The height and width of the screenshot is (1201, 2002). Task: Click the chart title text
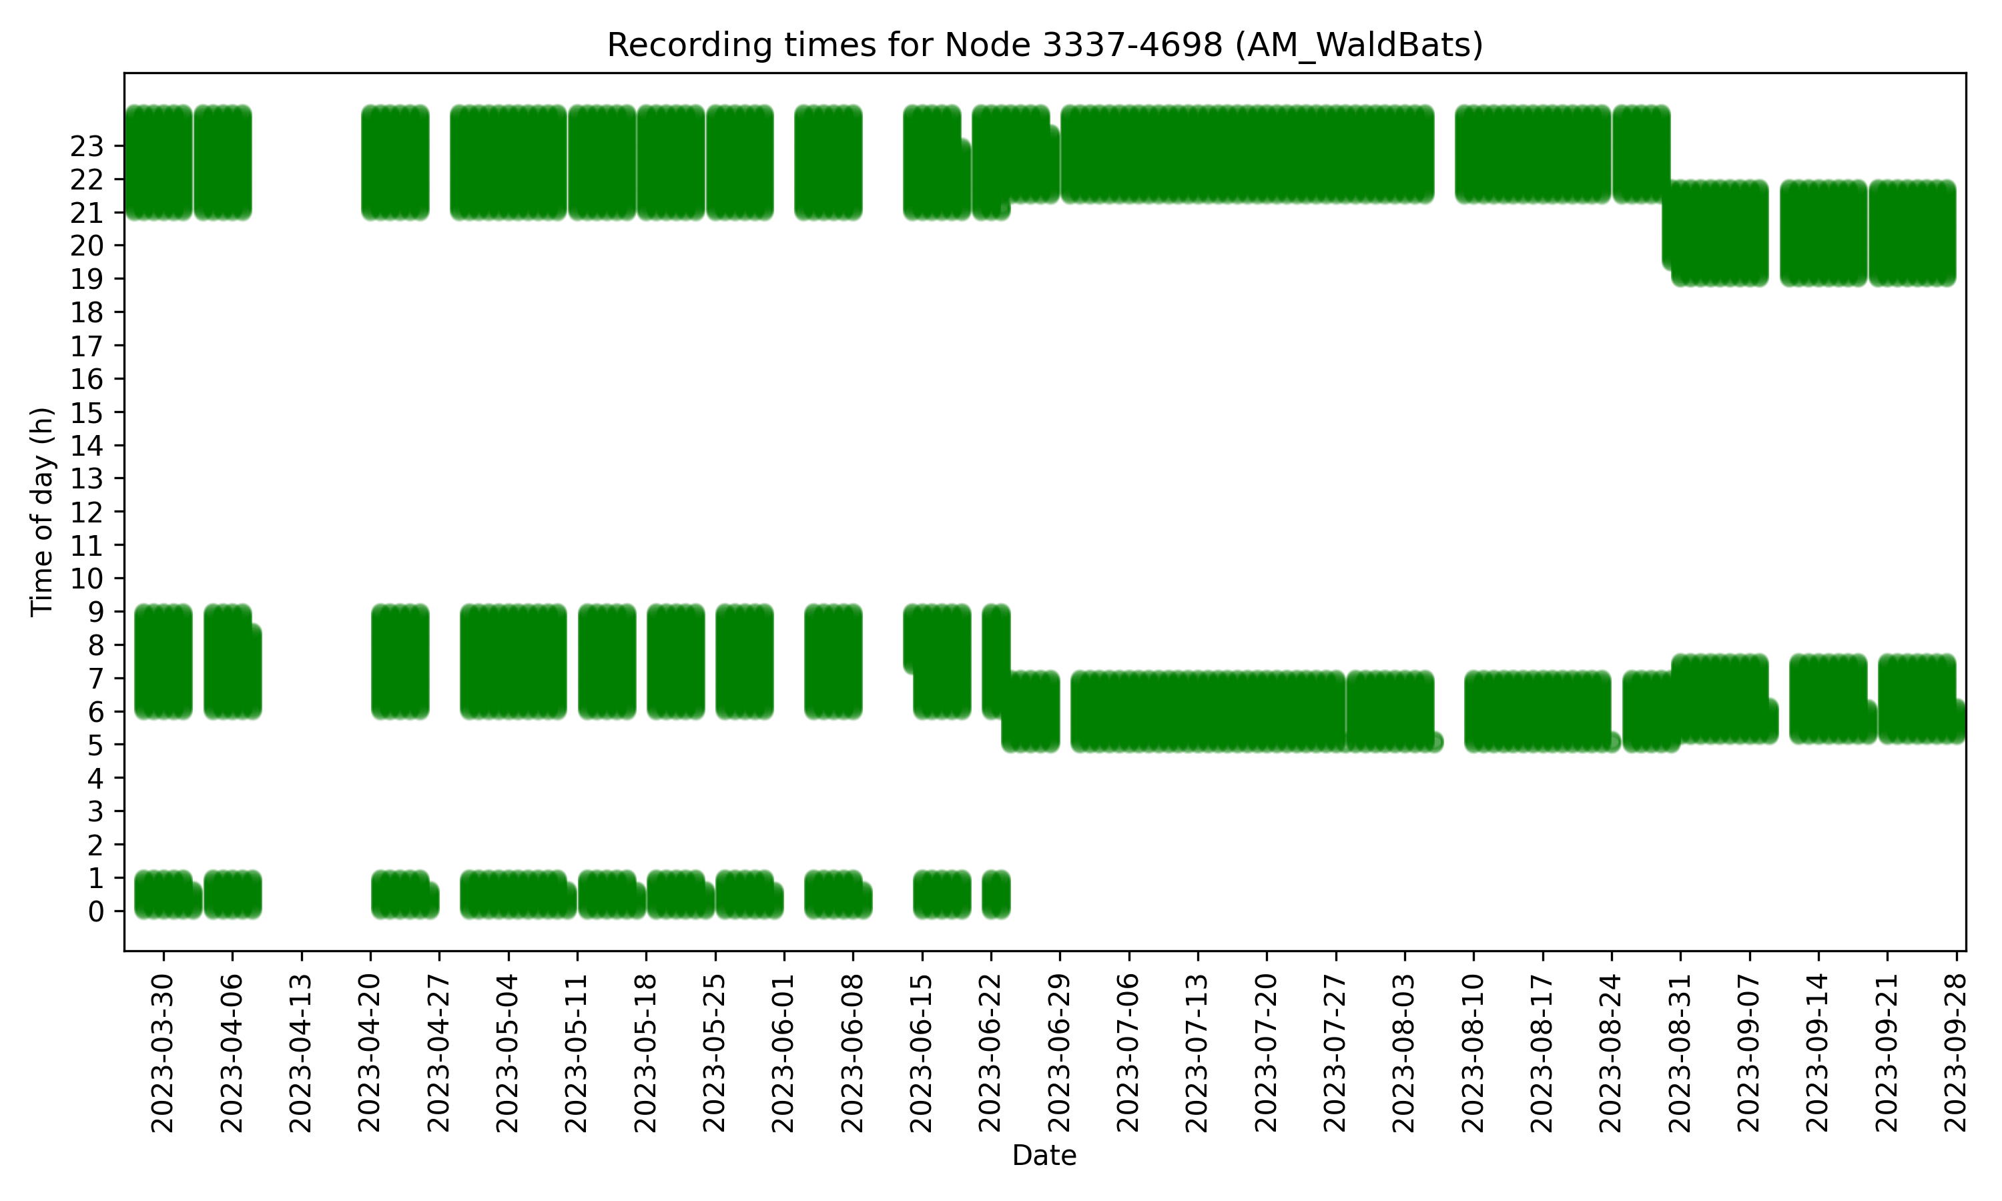[1044, 45]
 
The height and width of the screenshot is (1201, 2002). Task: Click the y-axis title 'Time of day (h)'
[42, 512]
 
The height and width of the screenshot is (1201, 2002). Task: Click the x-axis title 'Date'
[1044, 1156]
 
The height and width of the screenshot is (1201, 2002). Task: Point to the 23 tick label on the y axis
[87, 147]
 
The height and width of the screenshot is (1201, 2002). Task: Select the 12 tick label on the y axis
[87, 512]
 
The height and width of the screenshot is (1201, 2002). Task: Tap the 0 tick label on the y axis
[95, 912]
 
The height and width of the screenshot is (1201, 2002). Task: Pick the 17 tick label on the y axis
[87, 346]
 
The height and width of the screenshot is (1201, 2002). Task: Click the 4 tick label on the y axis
[95, 779]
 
